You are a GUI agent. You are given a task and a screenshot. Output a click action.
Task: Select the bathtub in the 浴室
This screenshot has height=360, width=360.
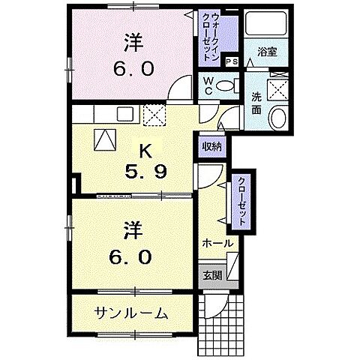click(262, 27)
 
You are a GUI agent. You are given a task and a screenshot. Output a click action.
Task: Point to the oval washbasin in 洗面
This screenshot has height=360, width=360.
click(277, 117)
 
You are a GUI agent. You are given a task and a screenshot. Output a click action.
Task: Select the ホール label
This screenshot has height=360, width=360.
click(217, 244)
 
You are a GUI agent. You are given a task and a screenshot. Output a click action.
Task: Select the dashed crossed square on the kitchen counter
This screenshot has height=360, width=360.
click(153, 115)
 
